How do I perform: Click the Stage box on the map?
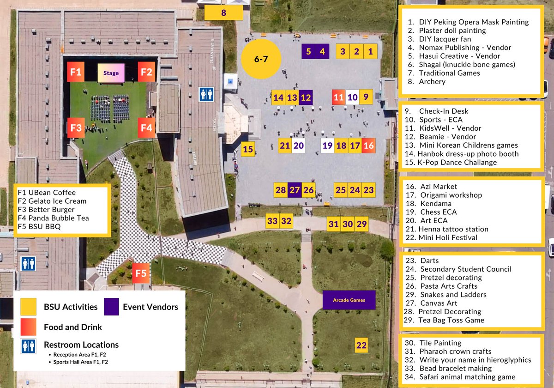[111, 73]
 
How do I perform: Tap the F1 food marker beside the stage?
[76, 72]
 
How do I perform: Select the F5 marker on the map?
[141, 273]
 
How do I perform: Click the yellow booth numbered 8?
[223, 12]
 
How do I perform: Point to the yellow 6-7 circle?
[261, 59]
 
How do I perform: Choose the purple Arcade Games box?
[349, 300]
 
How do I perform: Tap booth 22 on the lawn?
[361, 345]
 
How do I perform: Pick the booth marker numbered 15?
[248, 149]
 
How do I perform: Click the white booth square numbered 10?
[352, 97]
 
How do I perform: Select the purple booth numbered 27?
[295, 190]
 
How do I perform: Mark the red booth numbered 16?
[368, 145]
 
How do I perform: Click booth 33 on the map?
[272, 221]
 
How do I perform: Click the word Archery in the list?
[432, 82]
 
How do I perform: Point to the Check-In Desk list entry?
[443, 111]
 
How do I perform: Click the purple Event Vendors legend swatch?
[112, 306]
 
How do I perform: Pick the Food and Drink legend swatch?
[28, 327]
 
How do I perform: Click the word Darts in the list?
[429, 261]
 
